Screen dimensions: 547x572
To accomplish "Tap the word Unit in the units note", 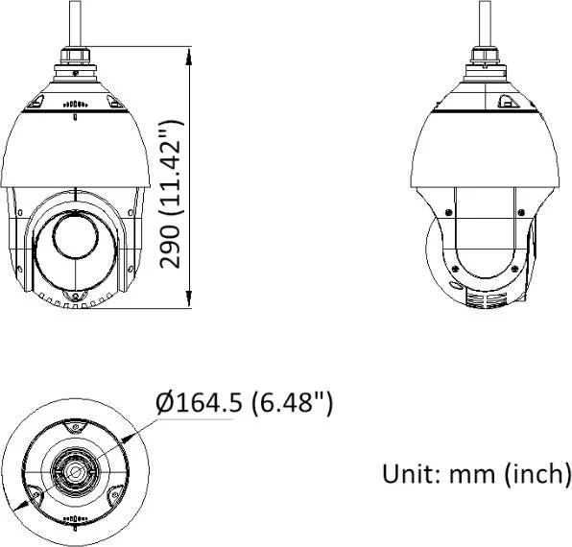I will point(406,474).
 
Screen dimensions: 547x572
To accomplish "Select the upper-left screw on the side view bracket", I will point(445,213).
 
